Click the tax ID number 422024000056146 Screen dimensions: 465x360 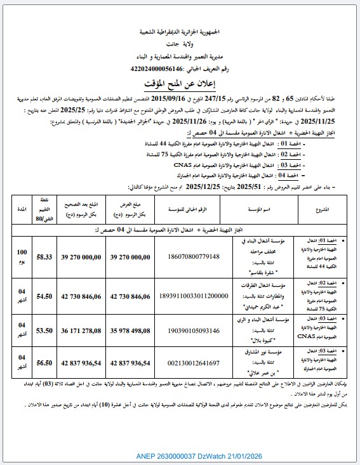156,68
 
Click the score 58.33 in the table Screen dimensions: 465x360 44,256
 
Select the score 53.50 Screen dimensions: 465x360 44,331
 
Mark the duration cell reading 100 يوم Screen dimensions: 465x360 22,256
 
